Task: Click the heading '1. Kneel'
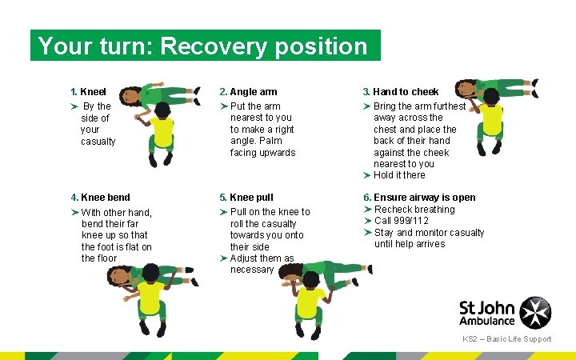(88, 92)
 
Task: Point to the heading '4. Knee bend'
(100, 198)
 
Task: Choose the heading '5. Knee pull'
(251, 198)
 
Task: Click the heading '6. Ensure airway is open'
(419, 198)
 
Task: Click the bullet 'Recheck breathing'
(414, 210)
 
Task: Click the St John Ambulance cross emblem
(535, 312)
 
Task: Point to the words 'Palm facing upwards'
(262, 146)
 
